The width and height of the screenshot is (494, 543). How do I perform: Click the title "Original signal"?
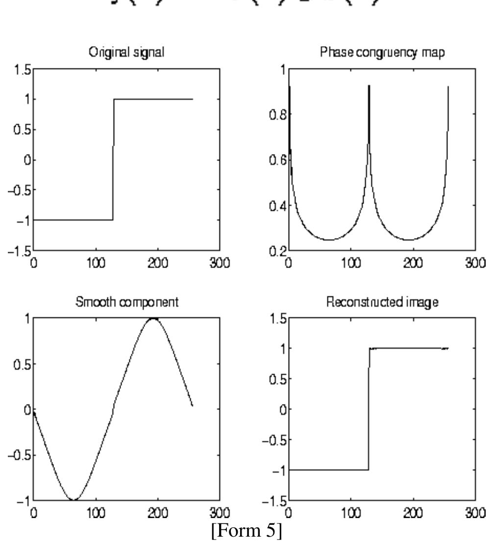pyautogui.click(x=126, y=54)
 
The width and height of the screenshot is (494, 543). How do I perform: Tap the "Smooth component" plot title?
pyautogui.click(x=126, y=302)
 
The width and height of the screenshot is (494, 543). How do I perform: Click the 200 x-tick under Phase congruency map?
pyautogui.click(x=413, y=265)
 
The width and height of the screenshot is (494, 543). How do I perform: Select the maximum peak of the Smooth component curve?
pyautogui.click(x=153, y=318)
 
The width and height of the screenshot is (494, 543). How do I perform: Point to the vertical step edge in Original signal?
pyautogui.click(x=113, y=159)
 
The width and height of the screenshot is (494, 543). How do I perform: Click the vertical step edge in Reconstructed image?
pyautogui.click(x=369, y=409)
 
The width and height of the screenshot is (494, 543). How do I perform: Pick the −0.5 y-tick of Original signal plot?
pyautogui.click(x=19, y=190)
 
